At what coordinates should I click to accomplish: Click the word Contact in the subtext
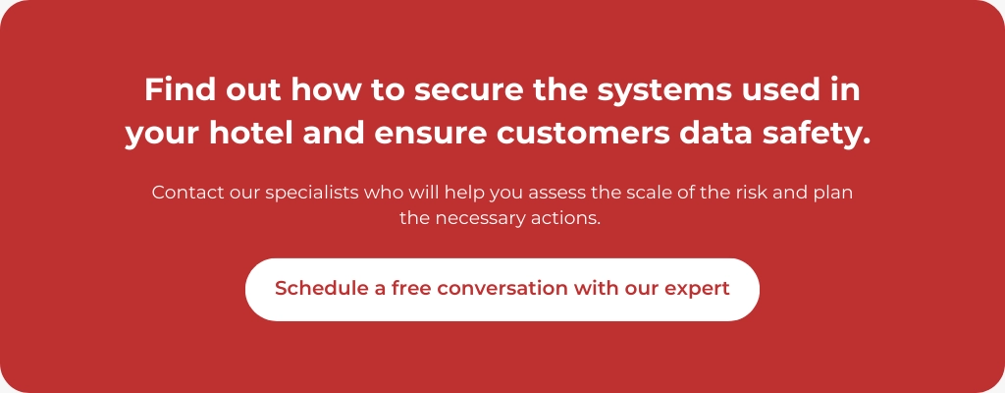[x=185, y=193]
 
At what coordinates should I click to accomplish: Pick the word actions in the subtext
[x=566, y=218]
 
